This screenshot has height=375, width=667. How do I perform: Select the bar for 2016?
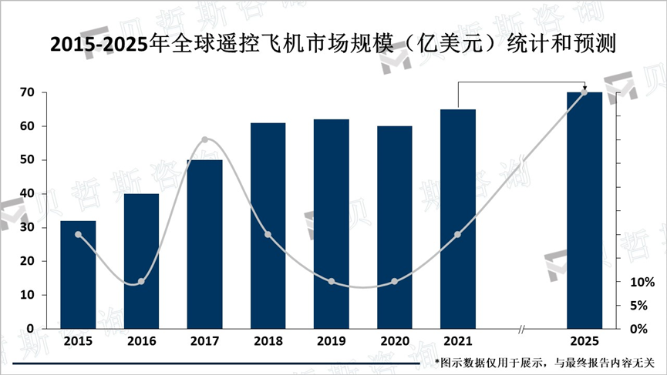point(141,261)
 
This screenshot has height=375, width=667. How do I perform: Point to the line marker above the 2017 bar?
point(204,140)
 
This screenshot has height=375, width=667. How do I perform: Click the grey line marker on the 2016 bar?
point(141,282)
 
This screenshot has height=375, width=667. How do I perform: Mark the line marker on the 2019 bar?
point(332,282)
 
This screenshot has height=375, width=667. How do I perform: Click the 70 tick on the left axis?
point(26,92)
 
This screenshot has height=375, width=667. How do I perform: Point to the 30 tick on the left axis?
point(26,228)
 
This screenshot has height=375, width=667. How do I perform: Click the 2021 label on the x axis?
point(458,341)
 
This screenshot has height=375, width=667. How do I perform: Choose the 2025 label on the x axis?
point(584,341)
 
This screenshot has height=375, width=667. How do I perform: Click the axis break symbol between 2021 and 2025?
point(522,330)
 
